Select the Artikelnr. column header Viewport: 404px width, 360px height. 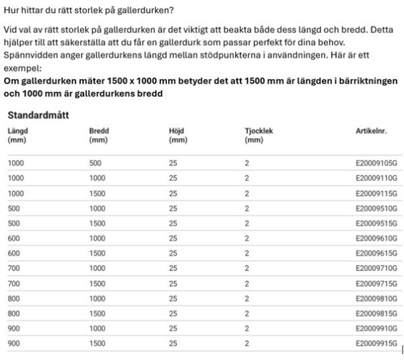point(371,131)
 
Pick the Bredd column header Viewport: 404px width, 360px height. point(98,135)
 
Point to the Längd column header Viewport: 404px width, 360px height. point(18,135)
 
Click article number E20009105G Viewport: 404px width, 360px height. point(376,163)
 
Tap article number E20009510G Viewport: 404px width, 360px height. point(376,208)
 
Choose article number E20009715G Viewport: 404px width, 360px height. point(376,284)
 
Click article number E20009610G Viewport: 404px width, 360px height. point(376,239)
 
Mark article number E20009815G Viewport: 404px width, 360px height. point(376,314)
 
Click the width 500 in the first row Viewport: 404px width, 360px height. point(95,163)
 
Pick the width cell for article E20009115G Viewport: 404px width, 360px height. point(97,193)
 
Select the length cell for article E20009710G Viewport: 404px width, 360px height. point(13,269)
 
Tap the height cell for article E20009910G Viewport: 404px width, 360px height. point(173,329)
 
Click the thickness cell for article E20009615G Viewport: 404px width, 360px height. point(247,253)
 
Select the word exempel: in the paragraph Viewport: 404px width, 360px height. point(22,69)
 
